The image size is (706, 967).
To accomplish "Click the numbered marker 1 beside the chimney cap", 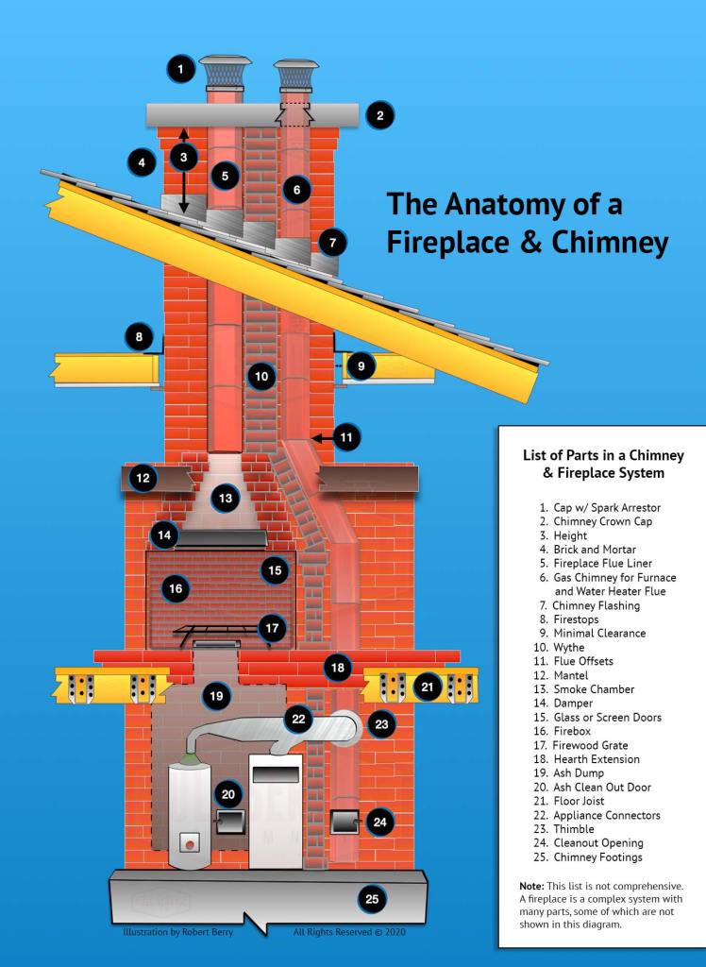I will pos(180,68).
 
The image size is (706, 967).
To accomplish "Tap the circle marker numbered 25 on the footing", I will pos(372,899).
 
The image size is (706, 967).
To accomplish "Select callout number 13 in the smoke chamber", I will pos(225,497).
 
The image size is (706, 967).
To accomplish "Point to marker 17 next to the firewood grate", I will pos(272,627).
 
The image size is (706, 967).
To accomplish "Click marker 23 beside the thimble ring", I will pos(381,725).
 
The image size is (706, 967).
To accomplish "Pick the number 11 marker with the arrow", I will pos(346,437).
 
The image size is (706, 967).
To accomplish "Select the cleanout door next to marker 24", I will pos(341,823).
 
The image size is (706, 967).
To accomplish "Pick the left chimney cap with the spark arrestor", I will pos(225,69).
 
